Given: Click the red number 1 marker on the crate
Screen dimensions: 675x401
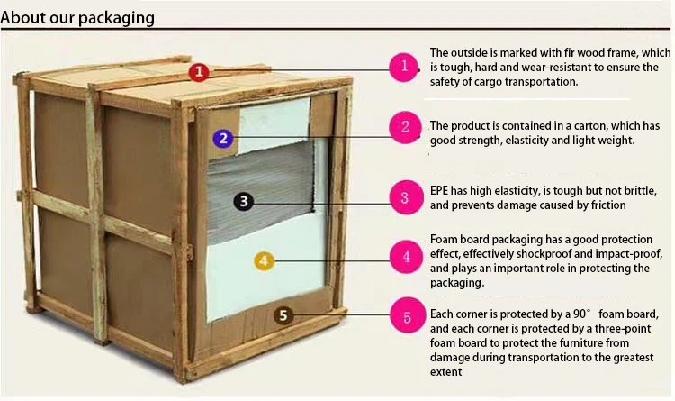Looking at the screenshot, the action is pos(199,71).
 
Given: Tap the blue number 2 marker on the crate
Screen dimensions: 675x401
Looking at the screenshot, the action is pos(223,139).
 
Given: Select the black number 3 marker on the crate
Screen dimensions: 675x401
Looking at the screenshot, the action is pos(244,201).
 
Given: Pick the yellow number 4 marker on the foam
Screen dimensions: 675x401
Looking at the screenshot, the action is pos(264,260).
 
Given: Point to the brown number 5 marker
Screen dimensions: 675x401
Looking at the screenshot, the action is pos(283,315).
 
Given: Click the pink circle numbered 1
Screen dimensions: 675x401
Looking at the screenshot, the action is pos(404,67).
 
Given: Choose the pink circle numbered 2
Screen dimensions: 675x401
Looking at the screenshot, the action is pos(405,127).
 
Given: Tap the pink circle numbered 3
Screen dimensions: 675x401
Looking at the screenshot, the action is pos(406,197).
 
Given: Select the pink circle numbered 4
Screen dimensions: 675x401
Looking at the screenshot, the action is pos(407,257).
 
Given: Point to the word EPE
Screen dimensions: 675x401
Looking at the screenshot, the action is pos(439,190).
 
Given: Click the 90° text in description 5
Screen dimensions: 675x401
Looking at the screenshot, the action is pos(582,314).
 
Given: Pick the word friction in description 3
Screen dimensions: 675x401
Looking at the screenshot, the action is pos(608,205).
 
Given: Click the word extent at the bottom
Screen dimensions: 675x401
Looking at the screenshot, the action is pos(446,372).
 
